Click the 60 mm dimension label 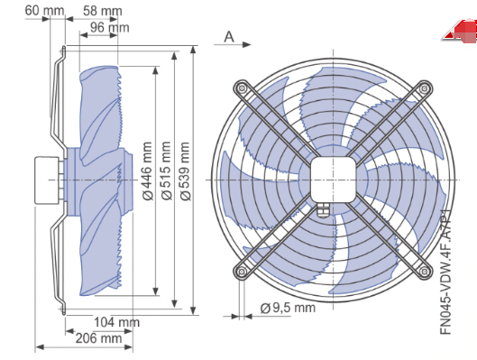(44, 11)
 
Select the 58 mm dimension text (103, 11)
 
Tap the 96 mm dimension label (109, 28)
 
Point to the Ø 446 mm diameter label (148, 171)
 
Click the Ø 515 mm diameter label (167, 171)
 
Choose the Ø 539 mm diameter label (185, 171)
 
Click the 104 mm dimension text (116, 322)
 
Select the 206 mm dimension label (99, 338)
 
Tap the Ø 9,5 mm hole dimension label (288, 308)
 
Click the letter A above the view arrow (229, 37)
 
